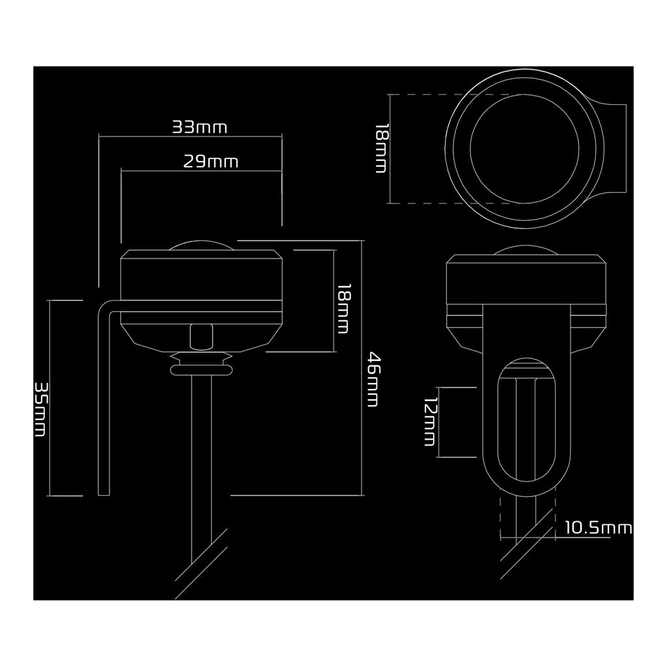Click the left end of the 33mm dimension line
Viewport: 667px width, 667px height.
tap(99, 137)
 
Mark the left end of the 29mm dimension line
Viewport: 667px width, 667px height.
tap(121, 171)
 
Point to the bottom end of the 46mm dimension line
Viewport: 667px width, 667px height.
tap(362, 495)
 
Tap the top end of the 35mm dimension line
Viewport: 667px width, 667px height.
tap(50, 300)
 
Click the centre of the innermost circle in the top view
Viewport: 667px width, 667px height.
tap(524, 149)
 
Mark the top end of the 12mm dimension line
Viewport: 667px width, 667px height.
tap(438, 388)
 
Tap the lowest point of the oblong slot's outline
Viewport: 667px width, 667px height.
tap(526, 481)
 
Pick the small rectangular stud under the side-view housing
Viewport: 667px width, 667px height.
tap(201, 336)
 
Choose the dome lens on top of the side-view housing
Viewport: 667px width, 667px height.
tap(201, 246)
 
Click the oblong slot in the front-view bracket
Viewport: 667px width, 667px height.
tap(526, 420)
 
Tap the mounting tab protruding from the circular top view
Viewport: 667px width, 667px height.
tap(612, 148)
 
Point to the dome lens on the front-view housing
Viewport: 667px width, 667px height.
tap(526, 250)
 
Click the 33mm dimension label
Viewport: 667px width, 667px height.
tap(199, 127)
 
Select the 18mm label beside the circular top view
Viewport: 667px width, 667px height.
tap(381, 148)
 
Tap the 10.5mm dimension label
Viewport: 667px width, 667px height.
tap(598, 528)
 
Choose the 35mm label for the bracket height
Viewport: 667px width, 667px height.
tap(40, 409)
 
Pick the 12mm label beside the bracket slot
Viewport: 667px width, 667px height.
tap(431, 422)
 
